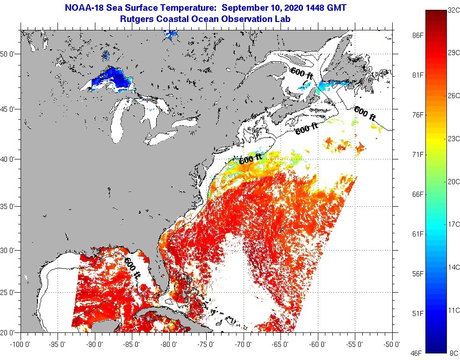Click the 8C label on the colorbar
453,353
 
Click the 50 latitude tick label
10,54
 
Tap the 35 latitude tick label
10,206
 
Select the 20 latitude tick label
10,332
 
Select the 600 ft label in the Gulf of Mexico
132,268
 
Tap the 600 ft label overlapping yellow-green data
251,159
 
